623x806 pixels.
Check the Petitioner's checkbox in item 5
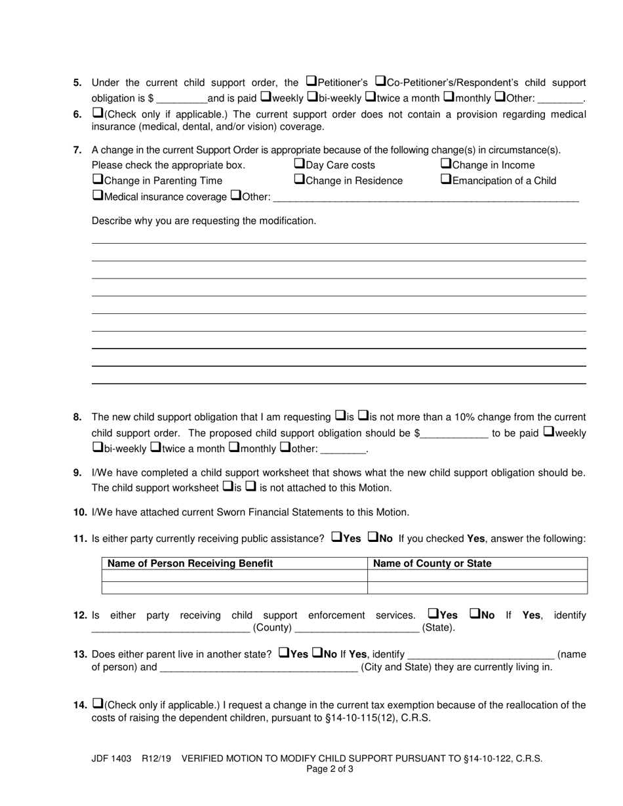tap(311, 82)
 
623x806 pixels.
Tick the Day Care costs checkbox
tap(299, 164)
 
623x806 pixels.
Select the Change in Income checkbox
tap(445, 164)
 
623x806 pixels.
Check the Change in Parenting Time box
tap(98, 180)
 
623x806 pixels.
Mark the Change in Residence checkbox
tap(299, 180)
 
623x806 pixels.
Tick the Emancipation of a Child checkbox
tap(445, 180)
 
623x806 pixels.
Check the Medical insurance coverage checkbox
tap(98, 195)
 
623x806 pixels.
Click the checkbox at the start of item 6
tap(98, 113)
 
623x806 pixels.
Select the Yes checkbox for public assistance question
tap(336, 537)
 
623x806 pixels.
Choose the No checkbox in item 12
tap(475, 614)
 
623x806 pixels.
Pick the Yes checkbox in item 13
tap(284, 653)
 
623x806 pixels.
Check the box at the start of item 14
tap(98, 704)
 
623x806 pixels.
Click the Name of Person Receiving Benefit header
tap(190, 564)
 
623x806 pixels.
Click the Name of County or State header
tap(432, 564)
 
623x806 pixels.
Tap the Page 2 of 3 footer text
tap(330, 769)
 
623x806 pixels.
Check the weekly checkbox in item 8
tap(549, 432)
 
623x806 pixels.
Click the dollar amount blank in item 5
tap(182, 99)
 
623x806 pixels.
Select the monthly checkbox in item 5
tap(449, 98)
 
